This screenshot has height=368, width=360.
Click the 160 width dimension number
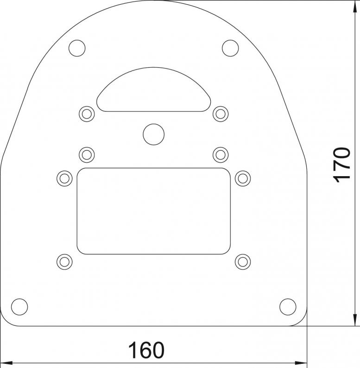pos(146,350)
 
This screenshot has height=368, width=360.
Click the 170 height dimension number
pos(341,165)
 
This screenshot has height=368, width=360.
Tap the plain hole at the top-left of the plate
pos(77,48)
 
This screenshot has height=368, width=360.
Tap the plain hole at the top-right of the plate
pos(230,48)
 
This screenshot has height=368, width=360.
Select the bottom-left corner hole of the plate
pos(19,307)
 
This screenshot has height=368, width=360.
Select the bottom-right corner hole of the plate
pos(288,307)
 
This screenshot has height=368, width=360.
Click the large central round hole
pos(154,134)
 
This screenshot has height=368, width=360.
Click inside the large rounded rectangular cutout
pos(154,211)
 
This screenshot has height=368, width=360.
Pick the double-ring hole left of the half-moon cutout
pos(87,114)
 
